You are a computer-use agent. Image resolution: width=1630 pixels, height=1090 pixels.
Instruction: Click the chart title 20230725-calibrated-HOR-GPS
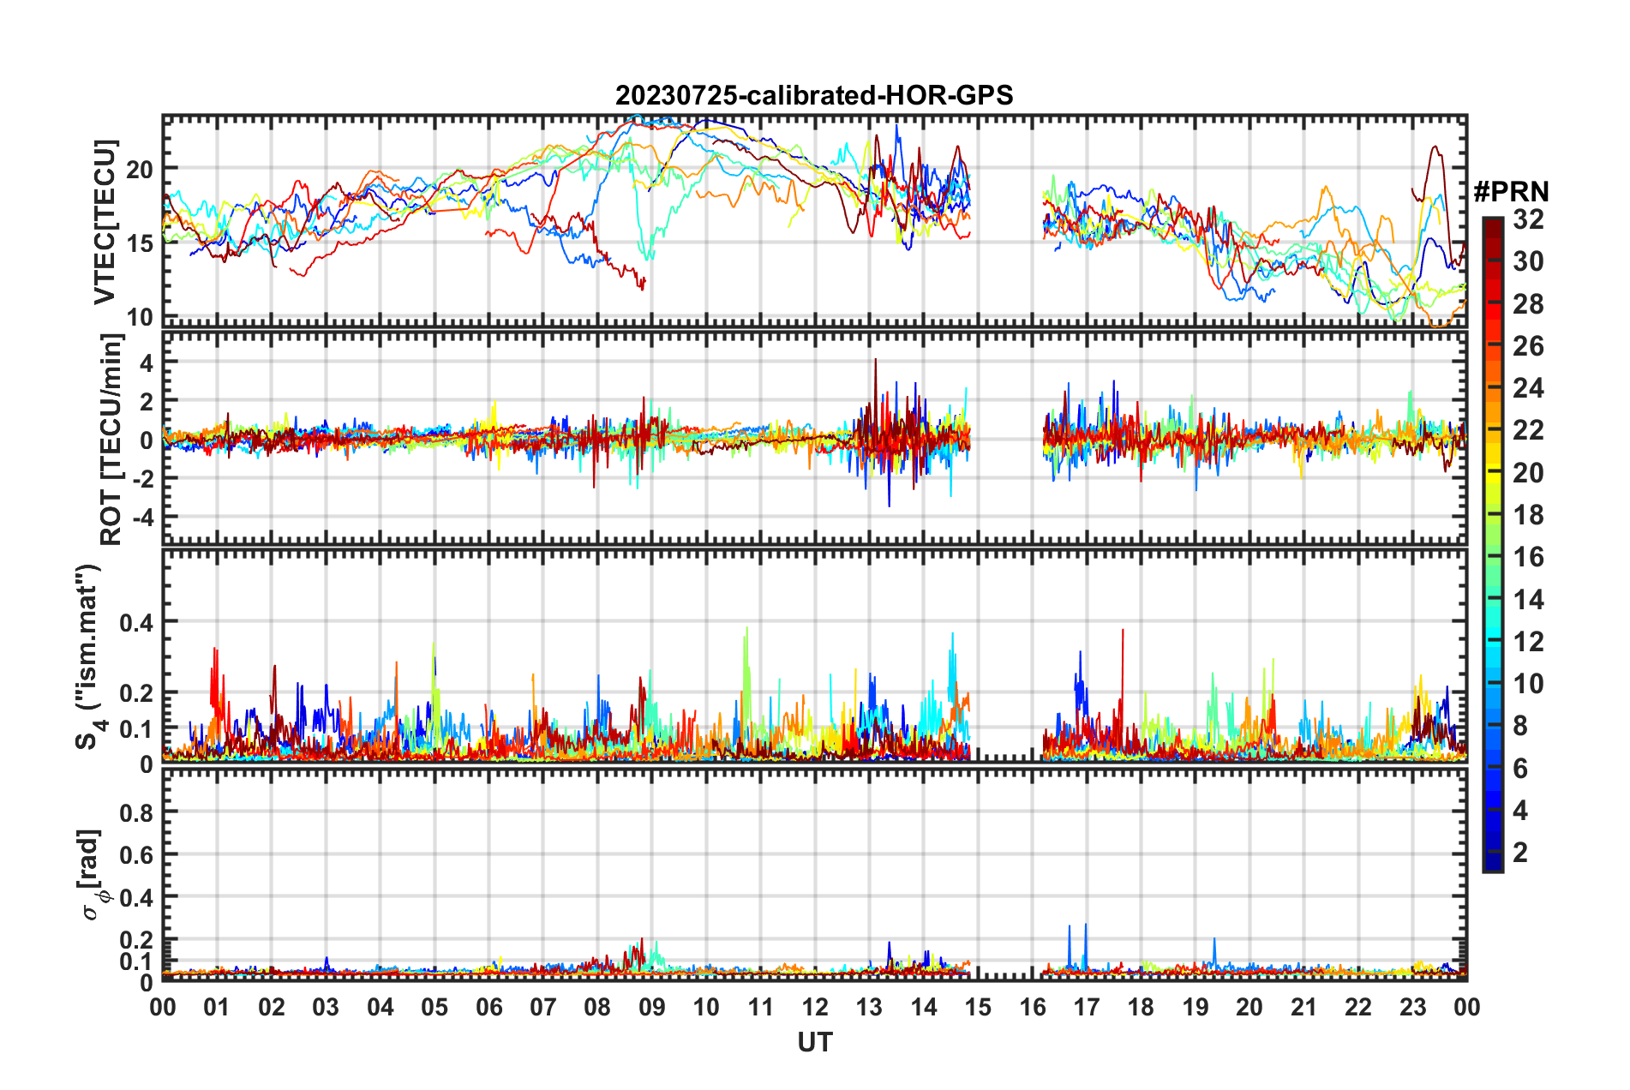(814, 95)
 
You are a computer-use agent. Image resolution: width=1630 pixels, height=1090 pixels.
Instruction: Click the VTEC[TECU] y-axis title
(105, 222)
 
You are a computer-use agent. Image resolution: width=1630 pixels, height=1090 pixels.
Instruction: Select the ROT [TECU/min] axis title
(111, 440)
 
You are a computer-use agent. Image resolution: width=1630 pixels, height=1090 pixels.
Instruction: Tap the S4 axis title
(88, 657)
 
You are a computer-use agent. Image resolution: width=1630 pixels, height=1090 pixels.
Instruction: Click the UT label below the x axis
(814, 1042)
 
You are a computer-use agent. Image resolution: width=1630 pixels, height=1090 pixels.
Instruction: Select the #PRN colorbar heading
(1511, 192)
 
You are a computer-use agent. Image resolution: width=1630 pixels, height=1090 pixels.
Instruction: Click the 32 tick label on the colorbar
(1528, 219)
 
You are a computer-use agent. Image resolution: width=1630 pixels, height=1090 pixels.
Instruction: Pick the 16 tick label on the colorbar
(1528, 557)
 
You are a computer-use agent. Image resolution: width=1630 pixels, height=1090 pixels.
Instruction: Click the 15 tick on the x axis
(978, 1007)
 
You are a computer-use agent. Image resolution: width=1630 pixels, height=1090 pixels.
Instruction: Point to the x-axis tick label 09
(652, 1007)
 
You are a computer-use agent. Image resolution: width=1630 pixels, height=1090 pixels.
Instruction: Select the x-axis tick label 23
(1412, 1007)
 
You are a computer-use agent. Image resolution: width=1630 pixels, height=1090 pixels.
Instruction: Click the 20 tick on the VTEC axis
(140, 169)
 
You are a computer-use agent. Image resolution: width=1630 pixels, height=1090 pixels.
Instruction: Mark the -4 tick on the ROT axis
(140, 518)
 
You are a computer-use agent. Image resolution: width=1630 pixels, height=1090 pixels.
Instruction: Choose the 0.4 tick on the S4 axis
(136, 622)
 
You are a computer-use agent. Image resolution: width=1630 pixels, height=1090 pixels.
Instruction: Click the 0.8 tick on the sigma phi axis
(136, 812)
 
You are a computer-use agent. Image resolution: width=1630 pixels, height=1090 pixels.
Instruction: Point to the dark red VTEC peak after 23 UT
(1433, 147)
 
